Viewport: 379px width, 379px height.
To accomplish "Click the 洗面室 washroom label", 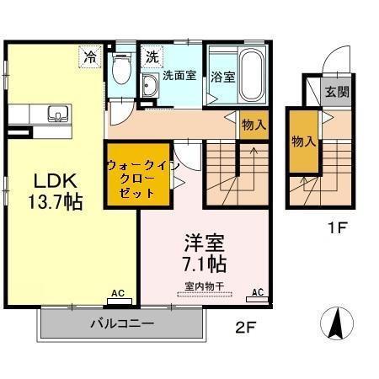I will click(x=179, y=75).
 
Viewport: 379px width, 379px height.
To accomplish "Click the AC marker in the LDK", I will click(x=118, y=294).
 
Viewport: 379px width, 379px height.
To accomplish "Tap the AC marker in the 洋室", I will click(x=258, y=293).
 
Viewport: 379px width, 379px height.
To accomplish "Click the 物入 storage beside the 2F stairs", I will click(x=254, y=124).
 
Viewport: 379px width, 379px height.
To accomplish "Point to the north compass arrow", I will click(x=335, y=323).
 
